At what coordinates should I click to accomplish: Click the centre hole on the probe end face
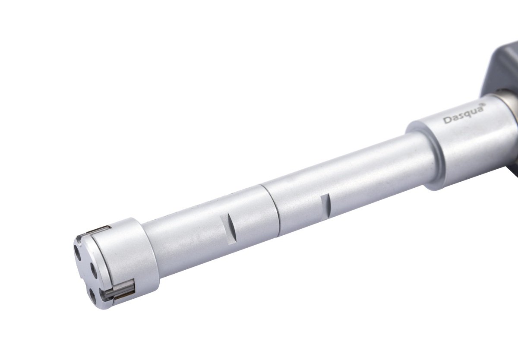pos(94,270)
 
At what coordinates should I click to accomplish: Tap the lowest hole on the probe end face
pos(93,297)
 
